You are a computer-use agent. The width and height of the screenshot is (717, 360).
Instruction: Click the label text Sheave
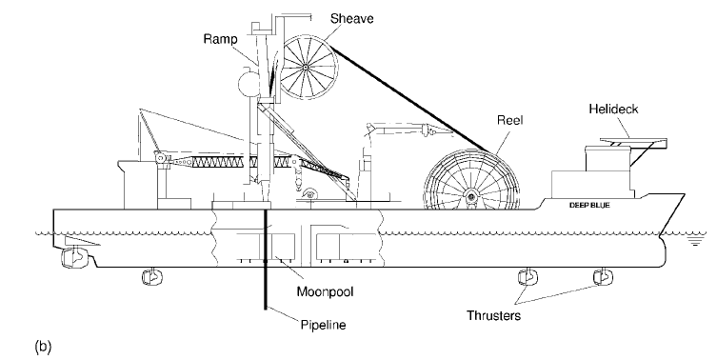click(x=351, y=18)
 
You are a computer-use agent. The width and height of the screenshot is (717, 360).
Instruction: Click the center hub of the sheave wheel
click(x=306, y=68)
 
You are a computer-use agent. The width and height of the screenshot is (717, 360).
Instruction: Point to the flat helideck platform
click(x=632, y=143)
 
